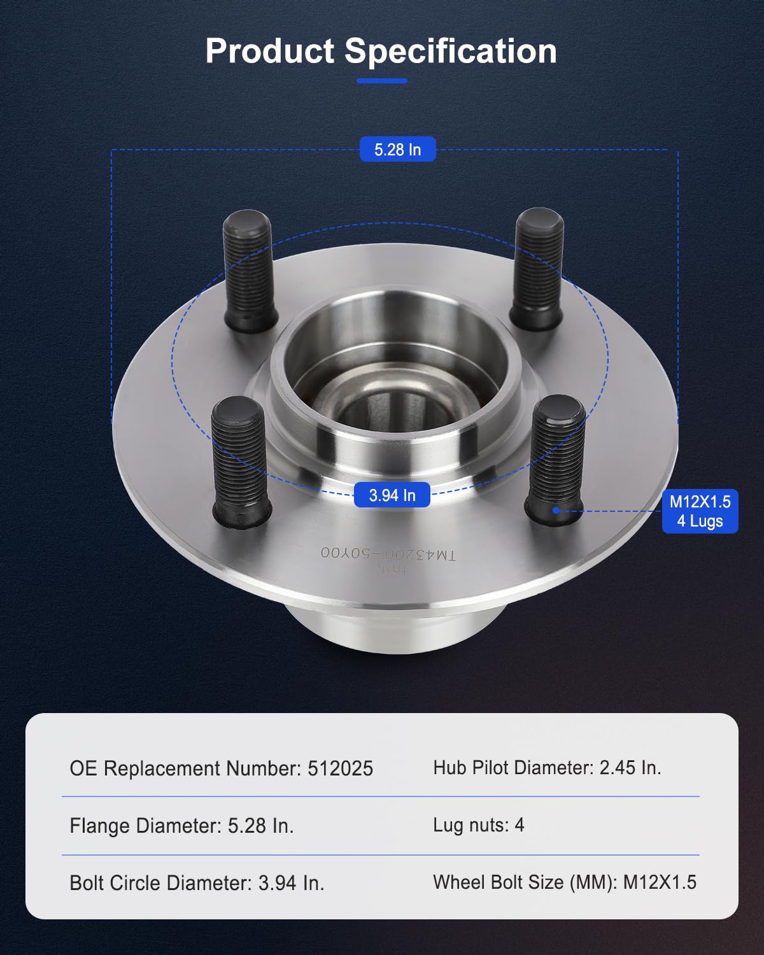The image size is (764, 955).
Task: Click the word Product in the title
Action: [x=269, y=51]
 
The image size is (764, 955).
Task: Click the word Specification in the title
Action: [x=451, y=51]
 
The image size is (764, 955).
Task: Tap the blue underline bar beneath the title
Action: [x=381, y=81]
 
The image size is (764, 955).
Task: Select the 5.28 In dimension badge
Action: [x=397, y=150]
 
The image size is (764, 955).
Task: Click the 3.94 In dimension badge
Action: [x=392, y=495]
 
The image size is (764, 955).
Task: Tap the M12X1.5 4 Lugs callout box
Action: [x=700, y=511]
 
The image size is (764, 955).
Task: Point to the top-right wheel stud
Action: [x=539, y=269]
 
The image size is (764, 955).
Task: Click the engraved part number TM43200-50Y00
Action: [x=388, y=553]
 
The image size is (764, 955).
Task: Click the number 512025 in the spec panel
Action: [x=340, y=768]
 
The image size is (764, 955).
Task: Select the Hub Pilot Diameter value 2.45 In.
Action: [x=630, y=768]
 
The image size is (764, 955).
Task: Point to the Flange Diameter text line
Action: [x=181, y=826]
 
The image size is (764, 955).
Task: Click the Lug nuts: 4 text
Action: [x=478, y=825]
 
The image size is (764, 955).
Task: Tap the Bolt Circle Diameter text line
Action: [x=197, y=883]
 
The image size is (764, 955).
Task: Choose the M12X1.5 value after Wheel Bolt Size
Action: [x=660, y=882]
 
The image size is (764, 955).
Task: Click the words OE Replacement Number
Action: [x=185, y=768]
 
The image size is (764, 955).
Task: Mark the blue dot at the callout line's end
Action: [x=556, y=510]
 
